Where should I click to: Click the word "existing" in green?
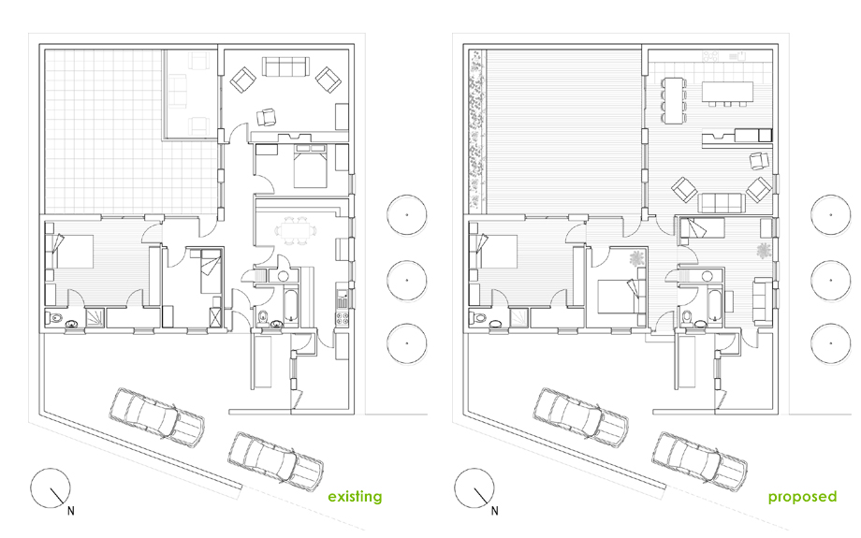click(x=354, y=496)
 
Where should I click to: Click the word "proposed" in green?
click(x=802, y=496)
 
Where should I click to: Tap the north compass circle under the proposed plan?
click(x=471, y=488)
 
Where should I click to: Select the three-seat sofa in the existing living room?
click(x=285, y=67)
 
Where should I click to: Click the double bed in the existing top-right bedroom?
click(x=306, y=168)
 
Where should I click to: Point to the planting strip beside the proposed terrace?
click(x=475, y=131)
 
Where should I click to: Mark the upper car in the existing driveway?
click(x=156, y=412)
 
